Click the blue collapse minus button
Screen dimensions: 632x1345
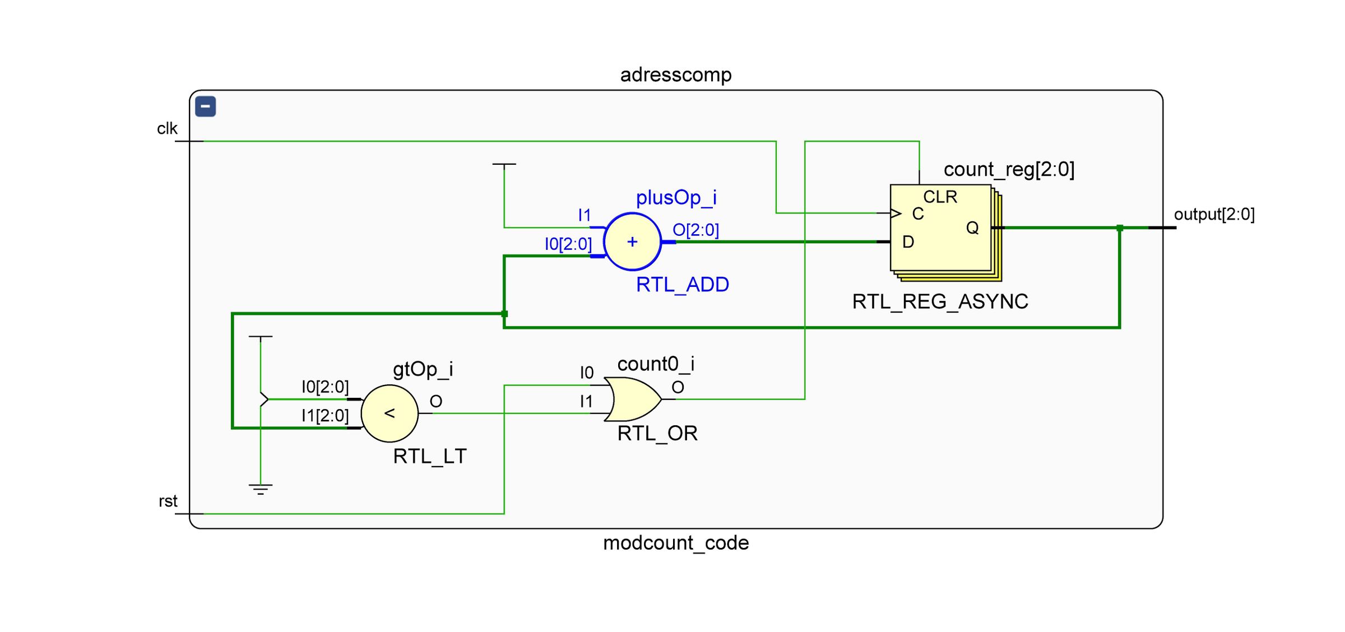tap(206, 106)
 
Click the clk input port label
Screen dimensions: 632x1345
tap(167, 129)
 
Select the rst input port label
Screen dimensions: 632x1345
tap(168, 501)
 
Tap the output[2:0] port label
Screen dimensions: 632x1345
tap(1214, 214)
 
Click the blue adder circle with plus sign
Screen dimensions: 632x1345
tap(632, 241)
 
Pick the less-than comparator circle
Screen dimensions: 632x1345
tap(389, 413)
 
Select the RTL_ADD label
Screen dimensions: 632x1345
tap(682, 285)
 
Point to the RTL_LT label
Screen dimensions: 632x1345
tap(429, 457)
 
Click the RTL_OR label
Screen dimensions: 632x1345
tap(657, 434)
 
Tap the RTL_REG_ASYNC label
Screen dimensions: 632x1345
tap(940, 302)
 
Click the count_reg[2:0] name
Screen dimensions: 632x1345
tap(1009, 169)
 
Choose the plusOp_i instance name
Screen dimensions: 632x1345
tap(676, 197)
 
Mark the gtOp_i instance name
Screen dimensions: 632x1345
tap(423, 369)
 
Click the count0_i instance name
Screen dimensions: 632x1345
tap(656, 364)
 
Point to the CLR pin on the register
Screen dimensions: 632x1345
tap(940, 197)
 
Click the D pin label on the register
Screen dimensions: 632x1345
tap(908, 242)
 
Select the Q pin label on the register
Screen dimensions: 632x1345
tap(972, 227)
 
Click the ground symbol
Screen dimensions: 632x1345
tap(261, 489)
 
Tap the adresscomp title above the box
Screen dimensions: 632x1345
tap(675, 75)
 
